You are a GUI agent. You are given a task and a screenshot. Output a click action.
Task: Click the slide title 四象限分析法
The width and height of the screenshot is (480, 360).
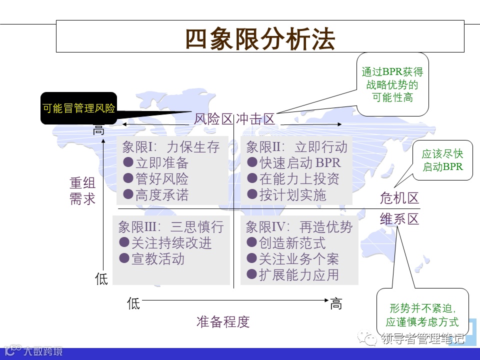pos(260,39)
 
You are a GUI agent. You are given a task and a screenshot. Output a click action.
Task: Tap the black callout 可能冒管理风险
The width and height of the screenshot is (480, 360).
pos(78,108)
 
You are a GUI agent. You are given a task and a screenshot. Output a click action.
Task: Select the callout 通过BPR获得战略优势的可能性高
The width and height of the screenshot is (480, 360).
pos(392,84)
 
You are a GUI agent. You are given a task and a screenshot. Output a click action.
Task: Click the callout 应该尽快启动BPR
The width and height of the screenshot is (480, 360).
pos(442,160)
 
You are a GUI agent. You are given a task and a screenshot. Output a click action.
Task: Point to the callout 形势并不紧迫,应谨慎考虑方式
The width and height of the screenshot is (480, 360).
pos(422,315)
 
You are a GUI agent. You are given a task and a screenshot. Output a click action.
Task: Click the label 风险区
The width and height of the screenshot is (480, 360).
pos(213,119)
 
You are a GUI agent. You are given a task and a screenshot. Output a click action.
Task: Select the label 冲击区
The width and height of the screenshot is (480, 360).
pos(255,119)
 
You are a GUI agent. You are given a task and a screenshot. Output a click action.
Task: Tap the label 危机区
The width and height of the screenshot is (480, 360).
pos(399,198)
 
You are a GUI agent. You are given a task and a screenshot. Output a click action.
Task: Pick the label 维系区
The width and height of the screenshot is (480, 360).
pos(399,219)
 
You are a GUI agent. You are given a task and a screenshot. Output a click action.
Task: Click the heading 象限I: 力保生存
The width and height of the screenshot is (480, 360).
pos(171,147)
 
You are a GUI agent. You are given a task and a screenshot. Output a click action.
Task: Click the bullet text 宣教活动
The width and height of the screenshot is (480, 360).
pos(158,259)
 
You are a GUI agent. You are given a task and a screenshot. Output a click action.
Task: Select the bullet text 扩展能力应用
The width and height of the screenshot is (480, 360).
pos(298,274)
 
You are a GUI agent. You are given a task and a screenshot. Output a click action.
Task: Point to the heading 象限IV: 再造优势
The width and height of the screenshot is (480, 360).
pos(299,227)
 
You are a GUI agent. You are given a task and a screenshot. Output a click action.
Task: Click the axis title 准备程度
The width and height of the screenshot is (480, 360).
pos(223,321)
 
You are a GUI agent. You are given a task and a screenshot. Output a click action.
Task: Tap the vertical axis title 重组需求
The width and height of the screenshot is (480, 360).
pos(82,191)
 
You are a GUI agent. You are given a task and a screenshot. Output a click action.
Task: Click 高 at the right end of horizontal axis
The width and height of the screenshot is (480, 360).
pos(336,303)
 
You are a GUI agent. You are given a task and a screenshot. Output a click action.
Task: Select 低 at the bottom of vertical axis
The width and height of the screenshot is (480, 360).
pos(101,278)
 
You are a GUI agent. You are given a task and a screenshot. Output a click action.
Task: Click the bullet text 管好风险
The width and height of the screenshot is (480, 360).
pos(161,179)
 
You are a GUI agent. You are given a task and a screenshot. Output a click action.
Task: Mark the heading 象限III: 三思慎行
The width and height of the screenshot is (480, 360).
pos(171,227)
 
